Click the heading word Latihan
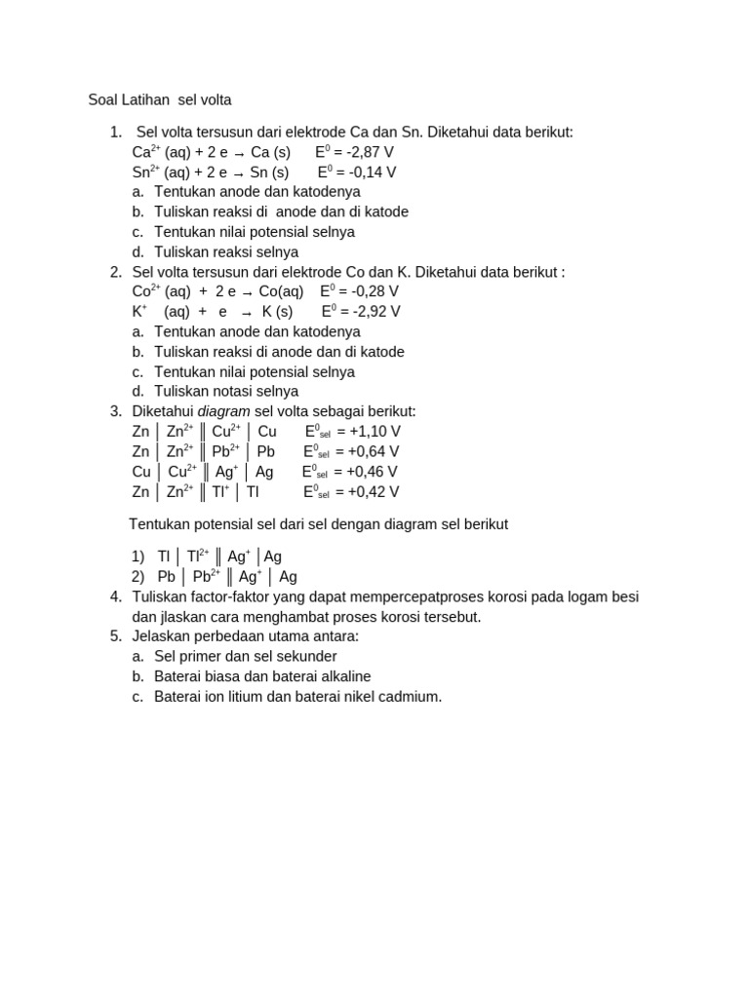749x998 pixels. click(145, 99)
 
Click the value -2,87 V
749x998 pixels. click(371, 152)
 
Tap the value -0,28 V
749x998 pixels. click(375, 291)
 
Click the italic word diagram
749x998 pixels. click(224, 411)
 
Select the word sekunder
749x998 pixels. click(305, 656)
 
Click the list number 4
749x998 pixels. click(115, 596)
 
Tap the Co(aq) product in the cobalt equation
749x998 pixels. click(281, 291)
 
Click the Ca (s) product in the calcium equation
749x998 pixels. click(270, 152)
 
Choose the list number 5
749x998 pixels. click(115, 636)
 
